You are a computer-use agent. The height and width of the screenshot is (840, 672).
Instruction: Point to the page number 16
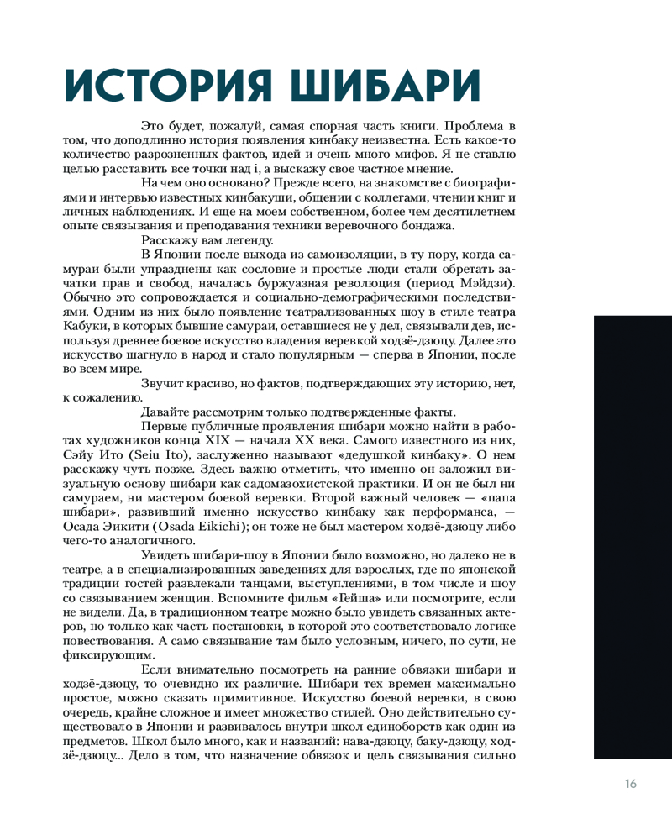pos(631,785)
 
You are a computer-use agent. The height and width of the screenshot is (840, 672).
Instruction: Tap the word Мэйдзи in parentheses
pos(481,283)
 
